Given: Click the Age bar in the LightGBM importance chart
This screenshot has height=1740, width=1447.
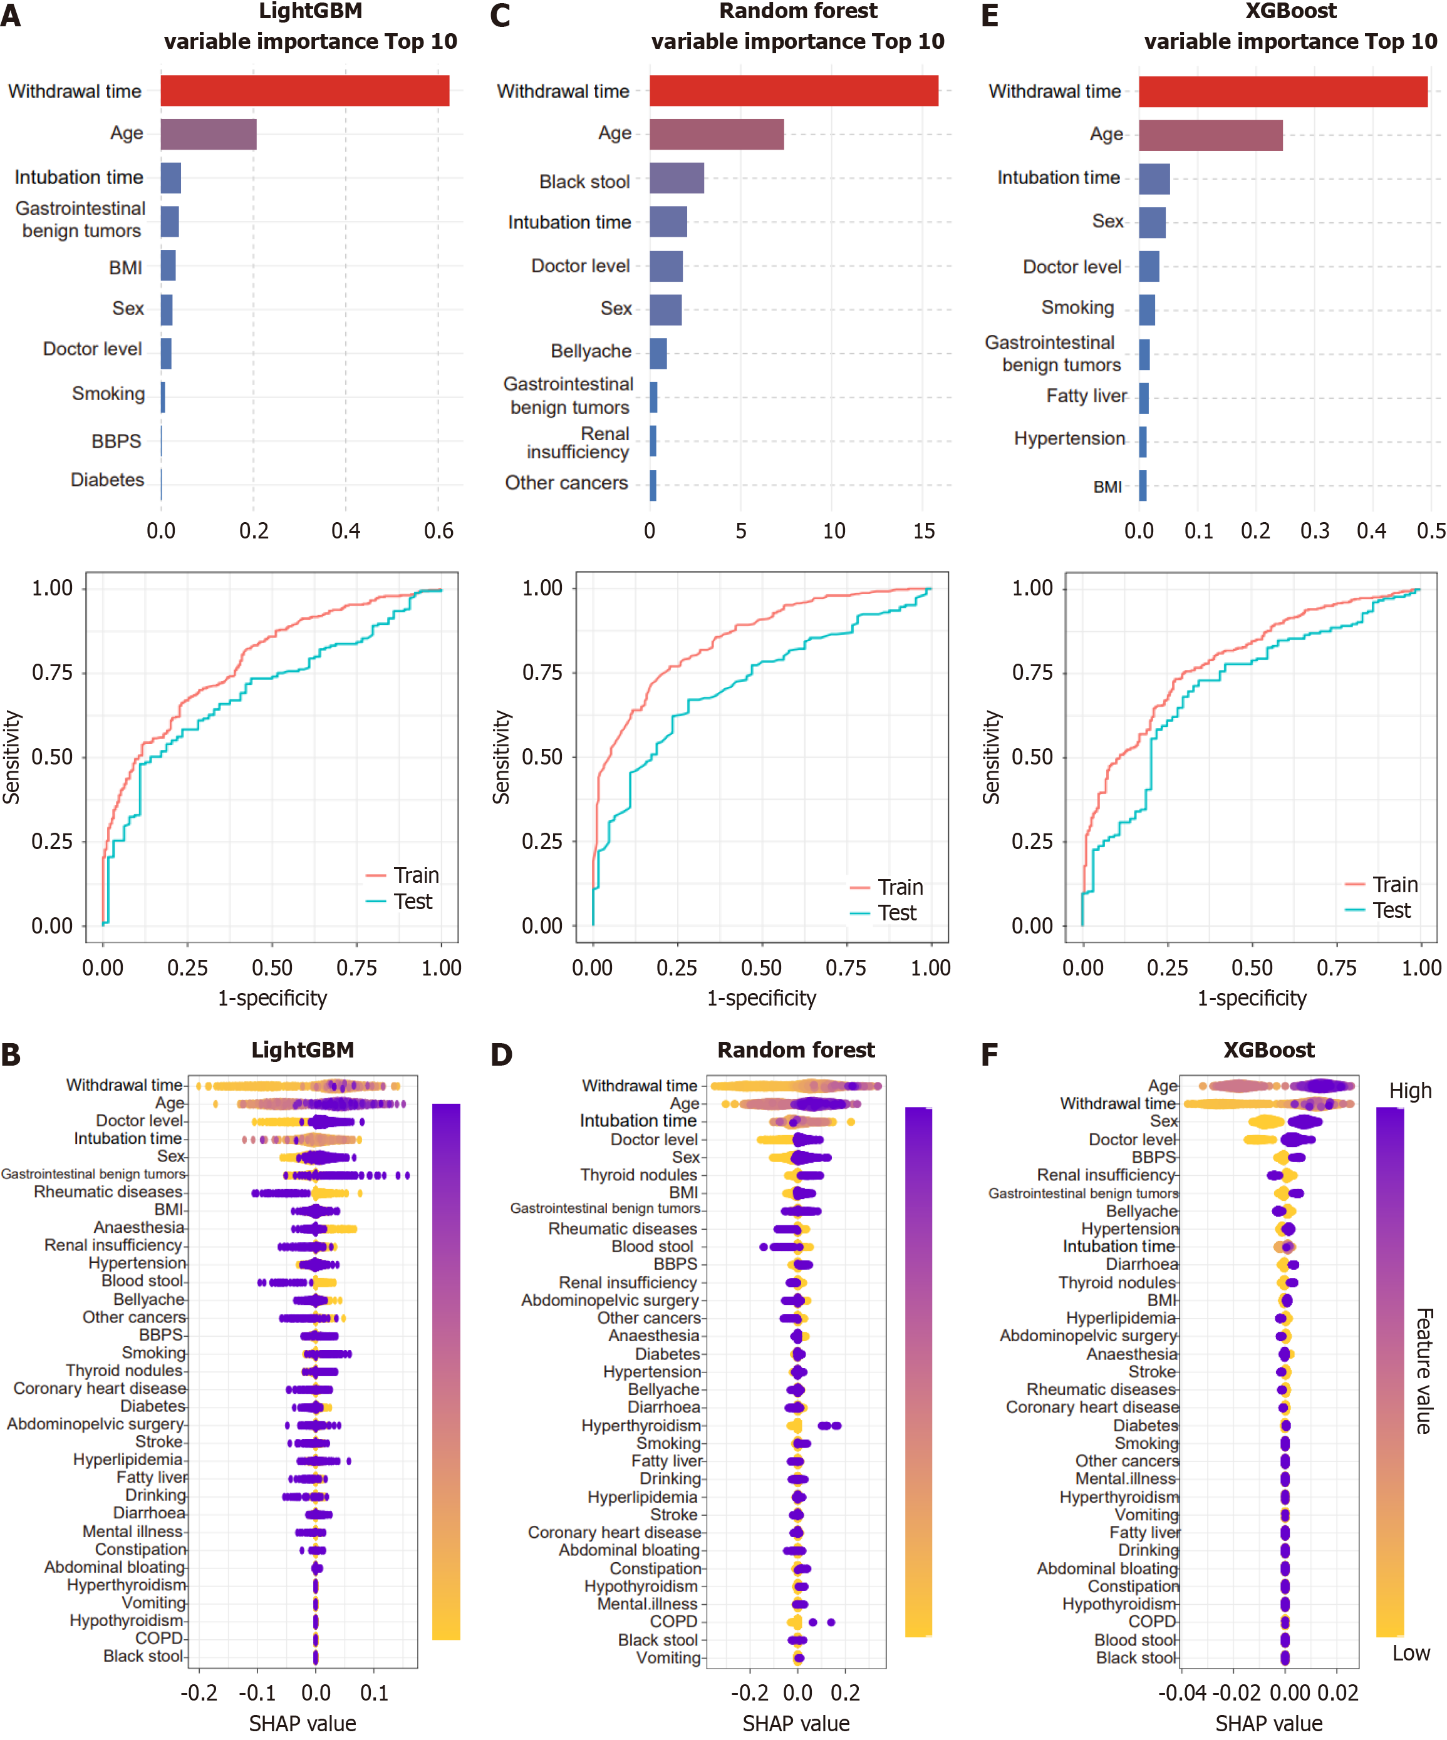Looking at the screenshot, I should [x=208, y=134].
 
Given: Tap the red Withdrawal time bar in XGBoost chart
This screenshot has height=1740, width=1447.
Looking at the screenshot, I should [x=1282, y=92].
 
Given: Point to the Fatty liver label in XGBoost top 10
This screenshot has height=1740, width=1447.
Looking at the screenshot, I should [x=1086, y=396].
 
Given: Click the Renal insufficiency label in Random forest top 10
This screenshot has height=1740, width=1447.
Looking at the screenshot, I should [x=578, y=443].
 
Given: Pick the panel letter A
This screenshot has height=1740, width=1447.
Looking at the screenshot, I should [x=11, y=16].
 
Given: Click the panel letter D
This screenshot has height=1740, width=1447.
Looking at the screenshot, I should [x=501, y=1055].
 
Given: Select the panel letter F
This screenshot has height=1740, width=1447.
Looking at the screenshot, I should [x=990, y=1055].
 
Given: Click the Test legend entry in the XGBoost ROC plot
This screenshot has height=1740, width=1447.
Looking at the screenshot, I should [x=1391, y=910].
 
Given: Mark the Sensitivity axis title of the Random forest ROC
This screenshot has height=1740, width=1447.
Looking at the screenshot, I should [x=500, y=756].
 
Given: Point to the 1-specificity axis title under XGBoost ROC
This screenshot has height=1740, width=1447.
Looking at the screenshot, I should [x=1252, y=999].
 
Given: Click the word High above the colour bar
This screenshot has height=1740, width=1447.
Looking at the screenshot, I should [x=1409, y=1091].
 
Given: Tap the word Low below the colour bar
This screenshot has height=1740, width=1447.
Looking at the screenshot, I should [x=1411, y=1654].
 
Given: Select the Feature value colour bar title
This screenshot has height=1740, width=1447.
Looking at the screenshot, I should [x=1424, y=1371].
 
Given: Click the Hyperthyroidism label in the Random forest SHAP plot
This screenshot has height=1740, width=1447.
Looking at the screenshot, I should [x=641, y=1426].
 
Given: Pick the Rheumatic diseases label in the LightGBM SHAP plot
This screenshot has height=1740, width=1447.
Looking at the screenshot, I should [x=108, y=1192].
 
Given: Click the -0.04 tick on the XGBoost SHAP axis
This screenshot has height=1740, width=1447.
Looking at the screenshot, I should [x=1182, y=1693].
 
